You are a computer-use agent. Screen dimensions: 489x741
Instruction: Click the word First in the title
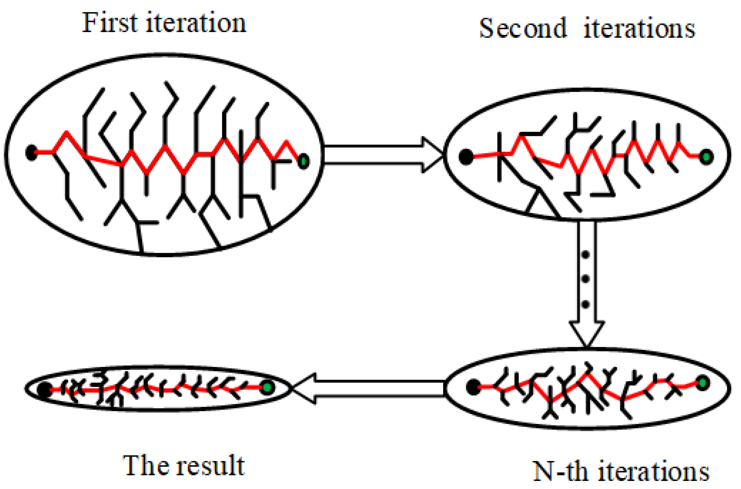tap(110, 23)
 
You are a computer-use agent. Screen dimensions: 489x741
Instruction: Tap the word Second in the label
tap(523, 28)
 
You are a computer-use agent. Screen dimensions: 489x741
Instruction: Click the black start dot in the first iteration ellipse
tap(32, 153)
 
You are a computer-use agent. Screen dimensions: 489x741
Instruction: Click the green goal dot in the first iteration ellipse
tap(303, 161)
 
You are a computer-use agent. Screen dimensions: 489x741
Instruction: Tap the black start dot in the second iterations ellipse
tap(466, 157)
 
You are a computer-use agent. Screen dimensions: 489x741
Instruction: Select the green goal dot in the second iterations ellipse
tap(706, 157)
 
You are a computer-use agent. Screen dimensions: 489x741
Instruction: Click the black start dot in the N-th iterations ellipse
tap(473, 387)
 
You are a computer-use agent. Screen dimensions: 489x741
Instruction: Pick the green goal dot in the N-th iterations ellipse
tap(703, 383)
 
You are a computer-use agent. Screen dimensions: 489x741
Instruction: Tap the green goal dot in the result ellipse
tap(267, 387)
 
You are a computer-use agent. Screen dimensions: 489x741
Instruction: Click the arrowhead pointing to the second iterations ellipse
tap(432, 155)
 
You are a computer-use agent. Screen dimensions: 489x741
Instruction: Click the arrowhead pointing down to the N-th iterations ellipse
tap(587, 333)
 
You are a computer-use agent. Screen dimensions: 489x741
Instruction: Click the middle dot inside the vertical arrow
tap(586, 279)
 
